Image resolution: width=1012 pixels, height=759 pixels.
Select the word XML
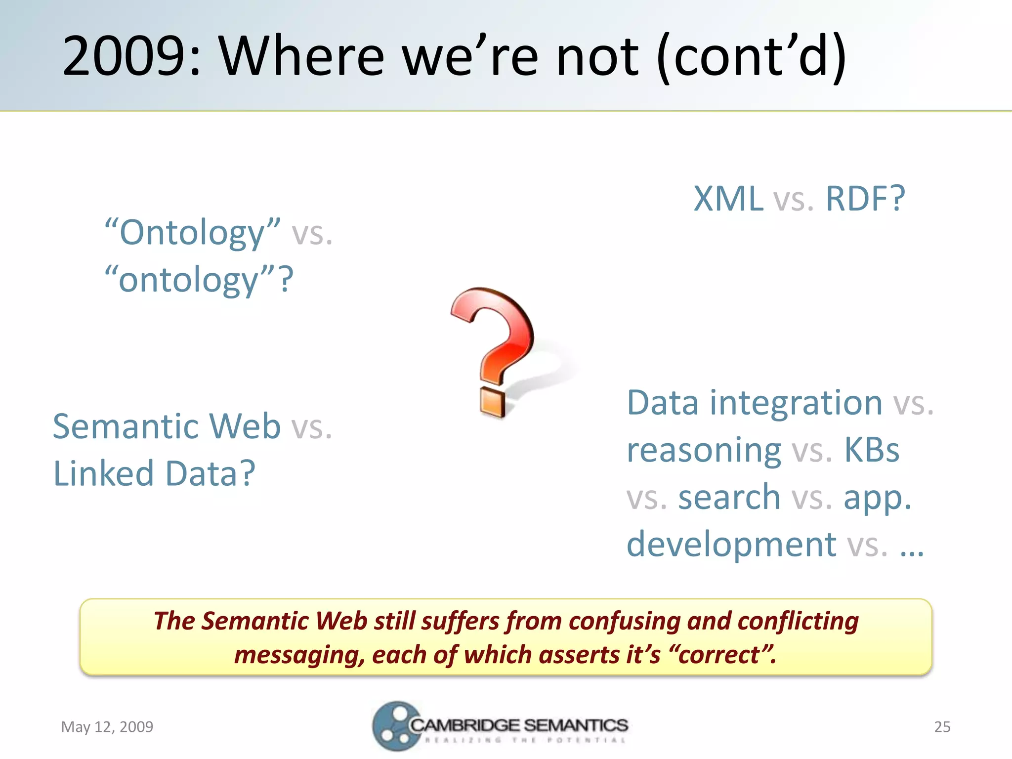pos(728,199)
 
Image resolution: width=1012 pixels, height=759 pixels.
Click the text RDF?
pos(865,199)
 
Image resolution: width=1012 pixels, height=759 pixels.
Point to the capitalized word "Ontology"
pos(193,232)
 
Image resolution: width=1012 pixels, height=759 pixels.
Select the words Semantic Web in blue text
pos(167,426)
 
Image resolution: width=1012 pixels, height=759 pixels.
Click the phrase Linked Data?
pos(154,473)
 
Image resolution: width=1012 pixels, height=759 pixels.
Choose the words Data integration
pos(754,403)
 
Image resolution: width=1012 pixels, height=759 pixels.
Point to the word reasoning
pos(704,450)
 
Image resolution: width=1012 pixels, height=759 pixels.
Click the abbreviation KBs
pos(872,450)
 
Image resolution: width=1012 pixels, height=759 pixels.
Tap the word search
pos(729,497)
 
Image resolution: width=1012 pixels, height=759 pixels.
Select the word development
pos(731,544)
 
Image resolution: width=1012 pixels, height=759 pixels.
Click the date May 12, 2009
pos(107,727)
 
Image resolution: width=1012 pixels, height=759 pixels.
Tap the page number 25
pos(942,727)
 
